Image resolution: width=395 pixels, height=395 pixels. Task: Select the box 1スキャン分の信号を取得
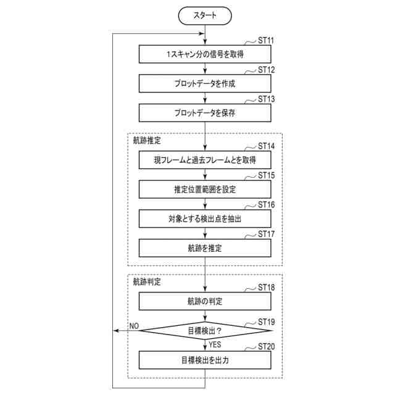click(205, 54)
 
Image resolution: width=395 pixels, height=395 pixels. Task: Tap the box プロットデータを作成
click(205, 83)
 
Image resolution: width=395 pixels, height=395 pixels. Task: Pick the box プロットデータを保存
click(205, 113)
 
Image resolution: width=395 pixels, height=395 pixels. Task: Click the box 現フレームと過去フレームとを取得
click(205, 160)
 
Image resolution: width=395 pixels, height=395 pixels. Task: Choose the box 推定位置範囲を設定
click(205, 189)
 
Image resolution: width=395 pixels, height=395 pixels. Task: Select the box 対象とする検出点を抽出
click(205, 218)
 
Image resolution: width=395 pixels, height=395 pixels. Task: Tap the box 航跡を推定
click(205, 248)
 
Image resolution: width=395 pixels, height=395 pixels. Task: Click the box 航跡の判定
click(205, 301)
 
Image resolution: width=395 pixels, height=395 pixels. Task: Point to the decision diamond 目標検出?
click(205, 330)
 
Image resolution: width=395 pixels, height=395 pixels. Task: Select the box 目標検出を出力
click(205, 360)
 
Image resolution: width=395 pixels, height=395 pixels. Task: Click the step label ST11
click(266, 40)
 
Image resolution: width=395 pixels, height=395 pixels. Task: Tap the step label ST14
click(266, 146)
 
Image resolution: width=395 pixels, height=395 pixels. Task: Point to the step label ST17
click(266, 235)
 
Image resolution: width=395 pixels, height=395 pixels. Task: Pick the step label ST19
click(266, 322)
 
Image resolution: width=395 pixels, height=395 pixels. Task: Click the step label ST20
click(266, 346)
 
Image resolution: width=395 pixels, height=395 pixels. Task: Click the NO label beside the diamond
click(134, 325)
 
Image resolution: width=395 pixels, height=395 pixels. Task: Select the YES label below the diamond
click(215, 344)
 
